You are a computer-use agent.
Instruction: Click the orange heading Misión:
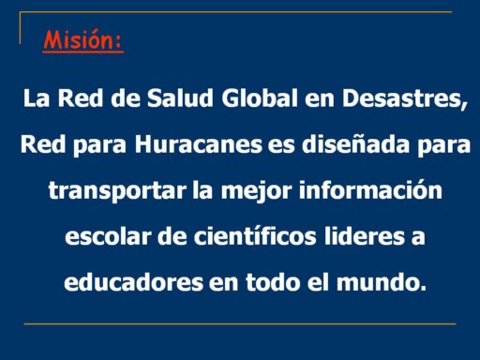[82, 40]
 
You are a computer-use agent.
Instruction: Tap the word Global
[260, 98]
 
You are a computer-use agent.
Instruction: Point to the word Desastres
[401, 98]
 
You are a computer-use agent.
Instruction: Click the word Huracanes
[199, 144]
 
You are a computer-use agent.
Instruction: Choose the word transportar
[117, 191]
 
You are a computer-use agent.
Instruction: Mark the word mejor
[256, 191]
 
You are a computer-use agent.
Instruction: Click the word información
[370, 189]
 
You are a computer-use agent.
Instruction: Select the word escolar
[108, 236]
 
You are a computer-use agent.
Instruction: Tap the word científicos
[255, 236]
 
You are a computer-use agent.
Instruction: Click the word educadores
[133, 282]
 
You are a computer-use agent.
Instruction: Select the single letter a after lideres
[418, 238]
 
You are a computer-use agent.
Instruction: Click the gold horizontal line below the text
[240, 324]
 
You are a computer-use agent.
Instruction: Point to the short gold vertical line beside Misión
[20, 28]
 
